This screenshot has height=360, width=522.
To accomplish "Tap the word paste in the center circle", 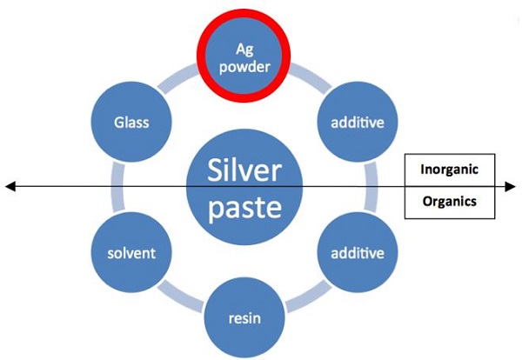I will coord(245,210).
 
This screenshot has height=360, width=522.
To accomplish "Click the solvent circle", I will coord(130,253).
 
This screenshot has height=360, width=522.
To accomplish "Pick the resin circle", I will coord(245,318).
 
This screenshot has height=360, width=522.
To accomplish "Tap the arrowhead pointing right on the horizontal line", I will coord(511,186).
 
